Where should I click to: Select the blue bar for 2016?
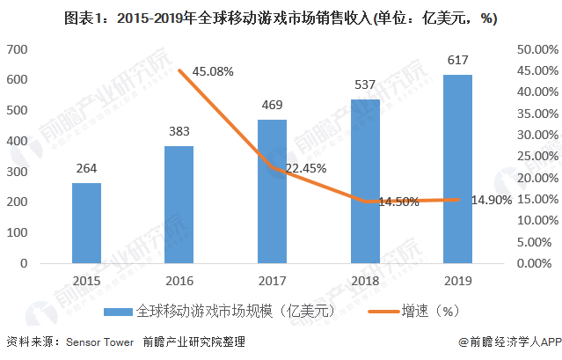(179, 204)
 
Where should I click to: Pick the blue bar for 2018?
(366, 180)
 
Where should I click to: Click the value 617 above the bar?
(458, 60)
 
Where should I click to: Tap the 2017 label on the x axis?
(273, 280)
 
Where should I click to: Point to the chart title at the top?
(281, 15)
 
